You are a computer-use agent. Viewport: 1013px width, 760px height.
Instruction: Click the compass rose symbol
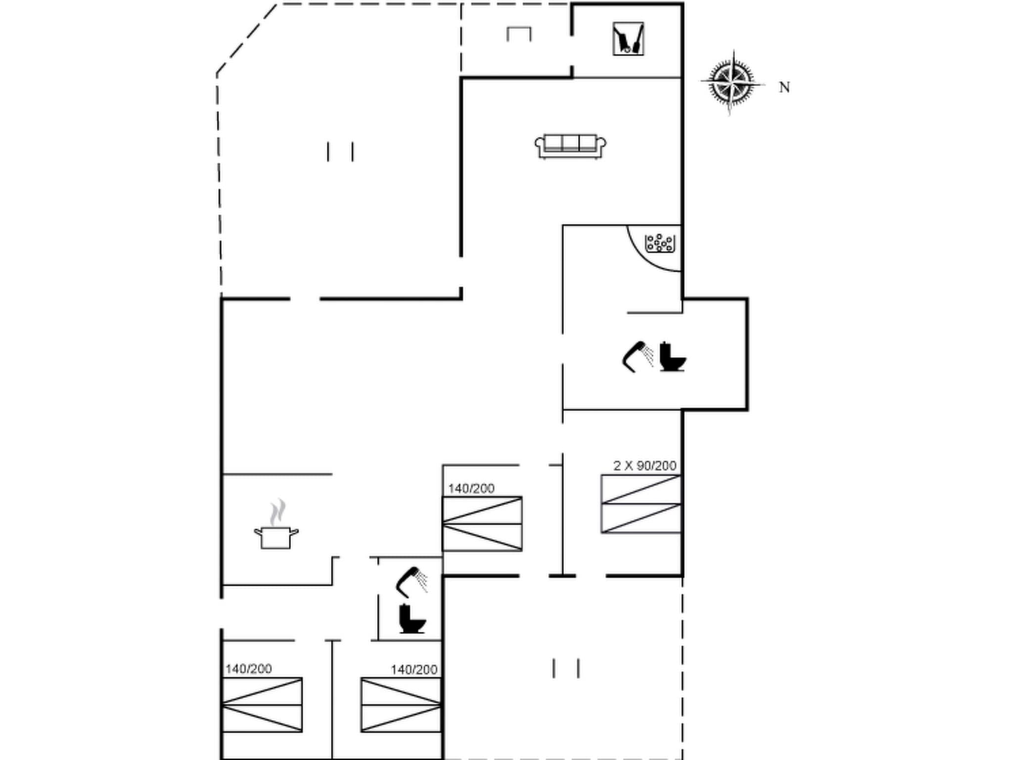[732, 83]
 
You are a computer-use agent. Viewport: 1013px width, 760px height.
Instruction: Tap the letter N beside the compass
[784, 88]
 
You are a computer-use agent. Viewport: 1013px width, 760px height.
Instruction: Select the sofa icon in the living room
[570, 146]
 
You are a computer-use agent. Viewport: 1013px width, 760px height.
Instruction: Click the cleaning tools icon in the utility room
[628, 39]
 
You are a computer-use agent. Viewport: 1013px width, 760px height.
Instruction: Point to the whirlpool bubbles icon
[660, 243]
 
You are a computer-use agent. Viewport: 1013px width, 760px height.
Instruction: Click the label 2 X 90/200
[645, 466]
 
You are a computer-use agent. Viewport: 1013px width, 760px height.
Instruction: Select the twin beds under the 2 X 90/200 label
[641, 504]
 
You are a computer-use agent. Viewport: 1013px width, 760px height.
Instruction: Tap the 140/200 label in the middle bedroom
[471, 489]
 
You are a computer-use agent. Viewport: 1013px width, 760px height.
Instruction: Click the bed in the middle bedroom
[482, 523]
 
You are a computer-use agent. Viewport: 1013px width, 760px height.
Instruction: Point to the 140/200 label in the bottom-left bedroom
[248, 669]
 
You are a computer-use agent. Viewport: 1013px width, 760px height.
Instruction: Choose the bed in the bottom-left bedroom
[262, 705]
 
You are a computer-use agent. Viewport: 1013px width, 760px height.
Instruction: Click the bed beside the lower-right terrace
[401, 705]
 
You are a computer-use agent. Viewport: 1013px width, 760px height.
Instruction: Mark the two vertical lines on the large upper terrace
[340, 151]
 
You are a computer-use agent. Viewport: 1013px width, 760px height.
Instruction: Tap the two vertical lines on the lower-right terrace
[566, 668]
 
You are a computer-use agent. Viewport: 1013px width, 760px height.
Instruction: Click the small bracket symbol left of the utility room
[519, 34]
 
